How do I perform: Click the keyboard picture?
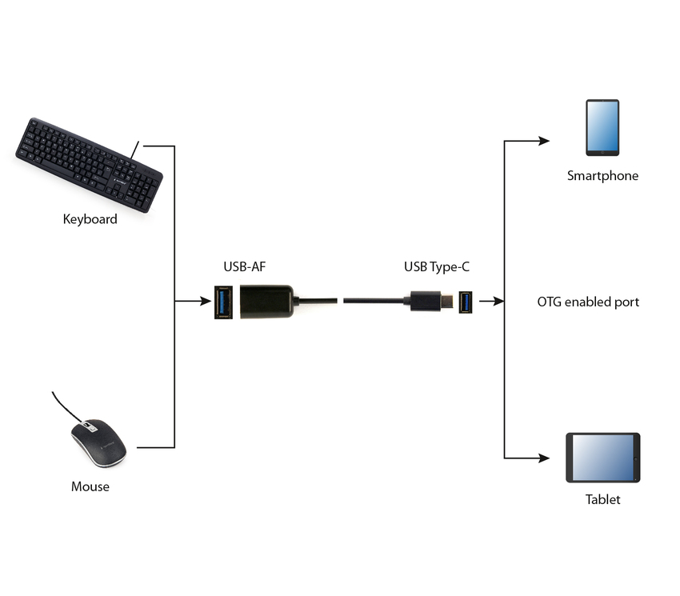click(89, 165)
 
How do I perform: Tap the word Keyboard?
click(90, 219)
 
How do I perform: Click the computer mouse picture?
click(98, 443)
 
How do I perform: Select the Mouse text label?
click(90, 486)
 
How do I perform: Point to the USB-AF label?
click(244, 266)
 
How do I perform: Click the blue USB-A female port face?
click(223, 302)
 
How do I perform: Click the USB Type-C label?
click(436, 266)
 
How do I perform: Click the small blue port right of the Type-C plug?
click(466, 302)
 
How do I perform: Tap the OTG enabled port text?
click(588, 302)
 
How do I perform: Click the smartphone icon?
click(602, 128)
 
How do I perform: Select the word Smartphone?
click(602, 176)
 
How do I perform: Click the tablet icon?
click(603, 458)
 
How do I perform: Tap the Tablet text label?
click(602, 499)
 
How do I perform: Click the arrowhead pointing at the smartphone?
click(544, 142)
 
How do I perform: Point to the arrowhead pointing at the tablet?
click(544, 458)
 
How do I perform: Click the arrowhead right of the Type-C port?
click(498, 302)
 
